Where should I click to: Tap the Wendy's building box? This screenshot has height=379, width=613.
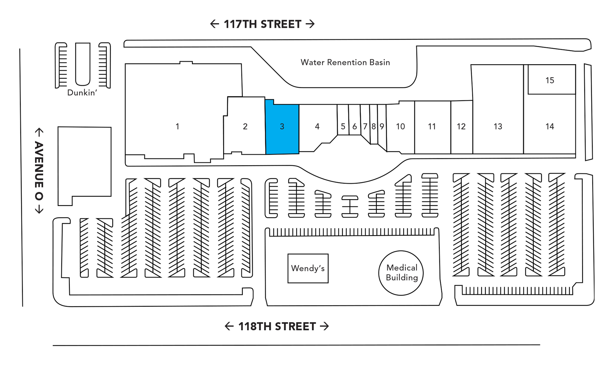(308, 268)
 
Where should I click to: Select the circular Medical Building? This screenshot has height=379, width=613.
(401, 273)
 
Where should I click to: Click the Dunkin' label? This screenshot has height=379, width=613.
(82, 93)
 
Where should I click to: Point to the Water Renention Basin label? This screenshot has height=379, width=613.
(345, 62)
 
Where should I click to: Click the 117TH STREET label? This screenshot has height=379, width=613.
(262, 24)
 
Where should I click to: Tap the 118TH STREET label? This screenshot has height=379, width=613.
(277, 326)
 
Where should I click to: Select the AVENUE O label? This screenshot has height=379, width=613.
(39, 171)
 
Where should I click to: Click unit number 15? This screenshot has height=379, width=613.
(549, 80)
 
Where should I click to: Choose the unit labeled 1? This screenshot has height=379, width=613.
(178, 126)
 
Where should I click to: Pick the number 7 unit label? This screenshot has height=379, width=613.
(365, 126)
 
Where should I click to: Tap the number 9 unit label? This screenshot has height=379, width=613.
(382, 126)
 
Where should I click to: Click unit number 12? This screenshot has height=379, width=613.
(461, 126)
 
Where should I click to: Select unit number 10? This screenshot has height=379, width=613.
(400, 126)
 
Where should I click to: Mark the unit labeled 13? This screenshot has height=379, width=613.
(498, 126)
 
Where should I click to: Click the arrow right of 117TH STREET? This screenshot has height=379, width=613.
(310, 24)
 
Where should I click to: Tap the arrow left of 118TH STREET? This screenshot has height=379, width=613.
(229, 326)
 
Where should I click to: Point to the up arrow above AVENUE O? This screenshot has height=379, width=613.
(39, 132)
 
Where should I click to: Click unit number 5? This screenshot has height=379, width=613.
(343, 126)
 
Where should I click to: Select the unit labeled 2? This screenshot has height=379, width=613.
(245, 126)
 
